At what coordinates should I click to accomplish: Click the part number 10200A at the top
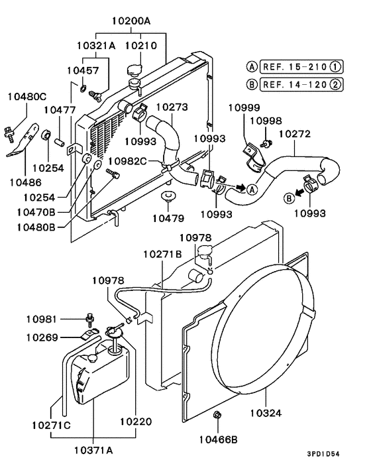tap(131, 21)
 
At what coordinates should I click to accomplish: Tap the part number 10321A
tap(96, 46)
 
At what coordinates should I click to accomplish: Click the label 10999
tap(244, 107)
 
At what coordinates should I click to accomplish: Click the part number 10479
tap(170, 217)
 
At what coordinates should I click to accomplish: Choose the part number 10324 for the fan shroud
tap(266, 412)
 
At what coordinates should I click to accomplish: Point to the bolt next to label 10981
tap(89, 319)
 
